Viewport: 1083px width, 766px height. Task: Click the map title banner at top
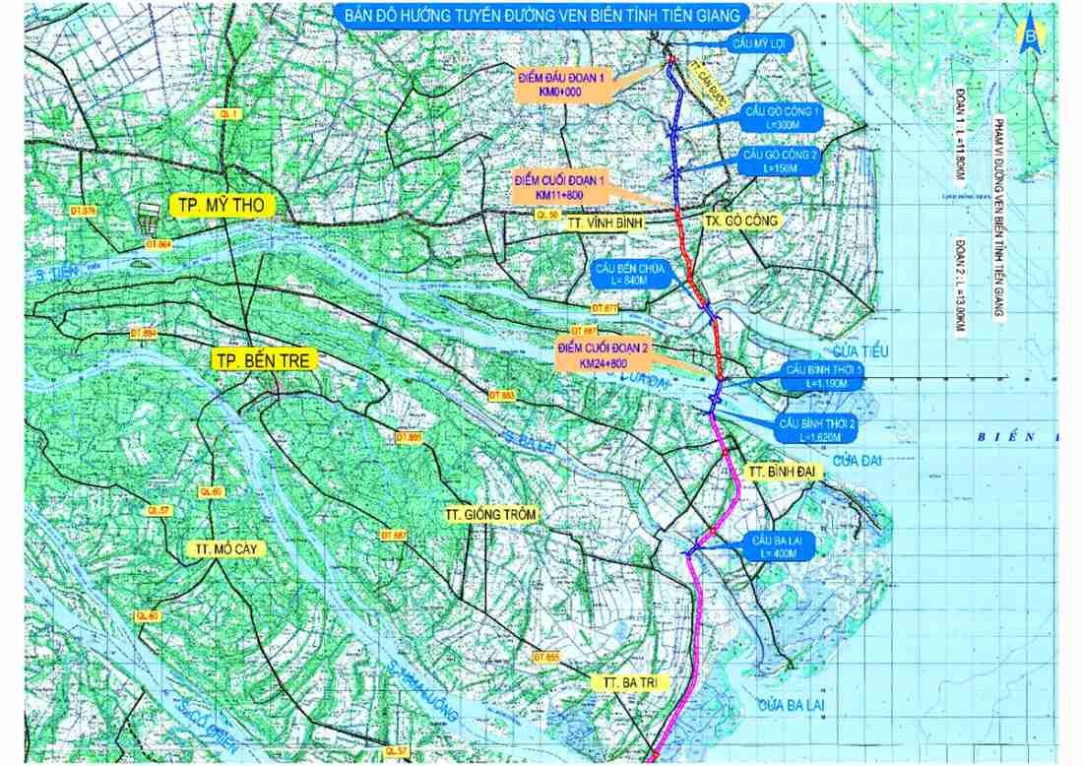pyautogui.click(x=539, y=15)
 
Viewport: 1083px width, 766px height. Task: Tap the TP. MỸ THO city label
pyautogui.click(x=223, y=205)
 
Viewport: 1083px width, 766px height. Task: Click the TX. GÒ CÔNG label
pyautogui.click(x=741, y=222)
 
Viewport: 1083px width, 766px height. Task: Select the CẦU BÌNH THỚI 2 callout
pyautogui.click(x=818, y=428)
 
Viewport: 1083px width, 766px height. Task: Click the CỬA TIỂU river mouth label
pyautogui.click(x=860, y=351)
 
